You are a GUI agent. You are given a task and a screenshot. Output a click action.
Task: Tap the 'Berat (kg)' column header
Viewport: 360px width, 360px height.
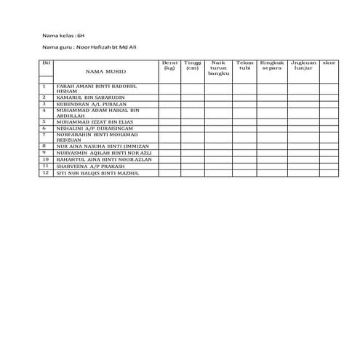coord(170,65)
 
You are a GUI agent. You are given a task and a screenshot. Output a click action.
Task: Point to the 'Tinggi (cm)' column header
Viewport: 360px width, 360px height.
coord(193,65)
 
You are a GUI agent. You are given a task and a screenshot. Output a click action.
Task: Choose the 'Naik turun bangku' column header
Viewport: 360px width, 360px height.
coord(218,68)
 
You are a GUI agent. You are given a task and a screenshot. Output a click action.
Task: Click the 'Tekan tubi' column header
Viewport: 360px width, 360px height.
coord(244,65)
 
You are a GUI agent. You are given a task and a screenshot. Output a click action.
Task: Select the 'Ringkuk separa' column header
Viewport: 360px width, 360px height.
coord(272,65)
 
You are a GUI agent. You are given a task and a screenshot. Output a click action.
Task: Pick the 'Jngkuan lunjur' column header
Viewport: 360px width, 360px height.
coord(303,65)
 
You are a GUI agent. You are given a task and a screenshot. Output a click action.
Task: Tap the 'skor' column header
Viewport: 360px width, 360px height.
coord(329,63)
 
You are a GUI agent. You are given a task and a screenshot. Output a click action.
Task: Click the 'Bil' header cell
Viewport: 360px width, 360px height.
coord(46,63)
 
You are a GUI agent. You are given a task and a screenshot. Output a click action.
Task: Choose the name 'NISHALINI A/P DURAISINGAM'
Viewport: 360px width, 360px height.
coord(92,127)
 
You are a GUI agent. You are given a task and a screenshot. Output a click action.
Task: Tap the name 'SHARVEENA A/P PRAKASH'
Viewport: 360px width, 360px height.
coord(87,166)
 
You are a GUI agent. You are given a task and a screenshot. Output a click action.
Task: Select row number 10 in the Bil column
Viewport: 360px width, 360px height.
coord(46,159)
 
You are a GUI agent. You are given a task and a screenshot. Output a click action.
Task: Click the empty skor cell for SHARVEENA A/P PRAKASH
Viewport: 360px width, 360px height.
coord(329,166)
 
